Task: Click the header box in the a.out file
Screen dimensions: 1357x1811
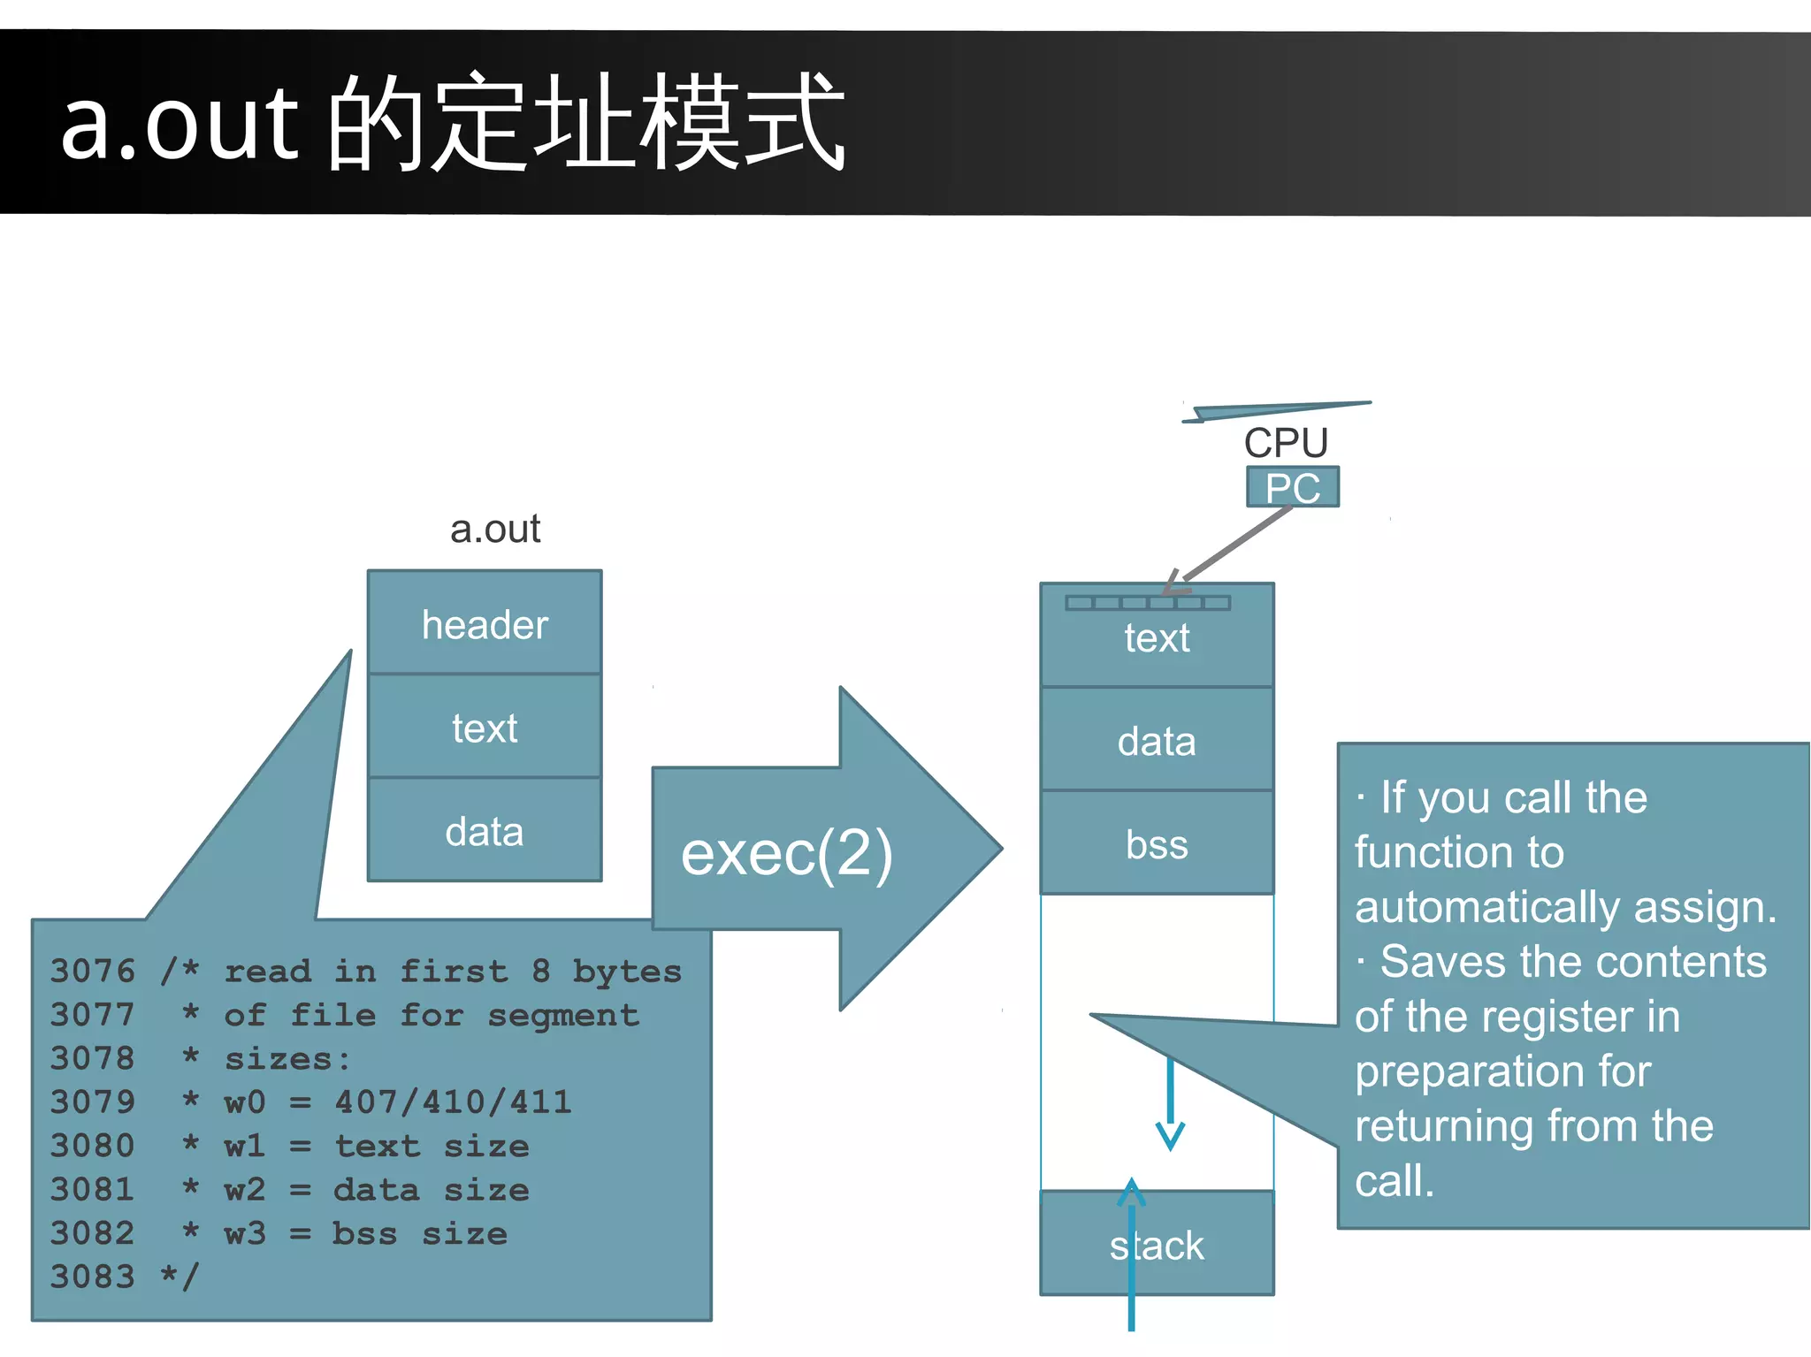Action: point(485,623)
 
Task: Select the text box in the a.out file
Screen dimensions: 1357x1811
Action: point(485,727)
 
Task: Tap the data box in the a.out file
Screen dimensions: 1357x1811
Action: point(485,830)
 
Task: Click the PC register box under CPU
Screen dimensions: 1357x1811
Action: point(1292,487)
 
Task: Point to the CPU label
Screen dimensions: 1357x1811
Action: point(1286,442)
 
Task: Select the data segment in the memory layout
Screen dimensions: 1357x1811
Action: point(1157,740)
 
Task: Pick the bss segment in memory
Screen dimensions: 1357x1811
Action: point(1157,843)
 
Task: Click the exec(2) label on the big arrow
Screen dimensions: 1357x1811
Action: point(786,853)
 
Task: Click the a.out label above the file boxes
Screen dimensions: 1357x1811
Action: point(494,529)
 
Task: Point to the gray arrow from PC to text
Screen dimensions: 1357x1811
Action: point(1234,545)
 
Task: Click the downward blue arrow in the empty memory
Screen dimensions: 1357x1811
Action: point(1170,1105)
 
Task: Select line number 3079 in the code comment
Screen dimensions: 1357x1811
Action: point(92,1102)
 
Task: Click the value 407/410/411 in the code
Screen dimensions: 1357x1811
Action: point(453,1102)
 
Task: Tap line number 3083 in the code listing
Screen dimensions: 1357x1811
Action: point(92,1276)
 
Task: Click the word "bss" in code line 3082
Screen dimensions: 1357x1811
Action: point(363,1232)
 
